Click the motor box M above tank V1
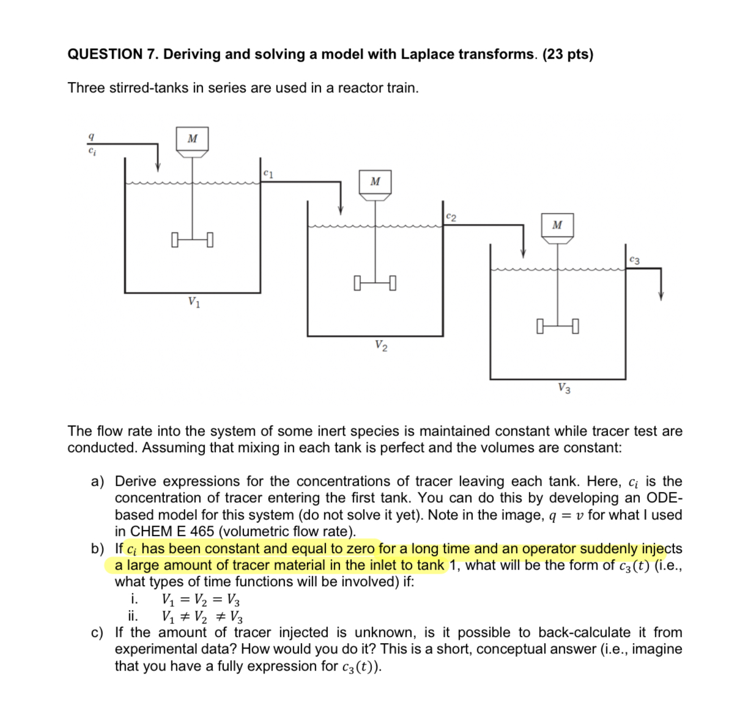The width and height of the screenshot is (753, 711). (192, 139)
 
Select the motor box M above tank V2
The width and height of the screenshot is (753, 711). (375, 182)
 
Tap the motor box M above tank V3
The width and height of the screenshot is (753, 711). (557, 225)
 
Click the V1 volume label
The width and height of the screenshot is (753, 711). (194, 302)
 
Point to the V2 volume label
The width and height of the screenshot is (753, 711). (380, 346)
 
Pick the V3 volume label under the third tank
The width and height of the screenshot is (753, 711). (564, 388)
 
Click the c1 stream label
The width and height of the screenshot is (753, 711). (268, 173)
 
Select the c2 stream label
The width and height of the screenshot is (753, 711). (451, 217)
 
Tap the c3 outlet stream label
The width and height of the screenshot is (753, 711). (634, 260)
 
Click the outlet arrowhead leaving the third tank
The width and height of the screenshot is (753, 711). (661, 296)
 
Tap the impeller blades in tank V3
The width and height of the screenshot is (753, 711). (557, 326)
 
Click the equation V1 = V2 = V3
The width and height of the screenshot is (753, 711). (201, 599)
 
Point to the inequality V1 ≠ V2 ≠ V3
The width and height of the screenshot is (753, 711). (202, 616)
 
